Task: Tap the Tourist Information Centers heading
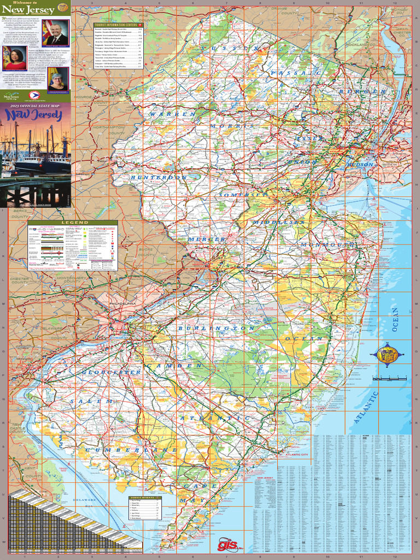point(115,25)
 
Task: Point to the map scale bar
point(389,378)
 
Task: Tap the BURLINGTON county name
point(216,328)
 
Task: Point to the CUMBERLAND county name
point(131,450)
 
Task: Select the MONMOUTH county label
point(327,244)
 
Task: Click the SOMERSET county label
point(243,195)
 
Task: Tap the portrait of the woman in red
point(15,58)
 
